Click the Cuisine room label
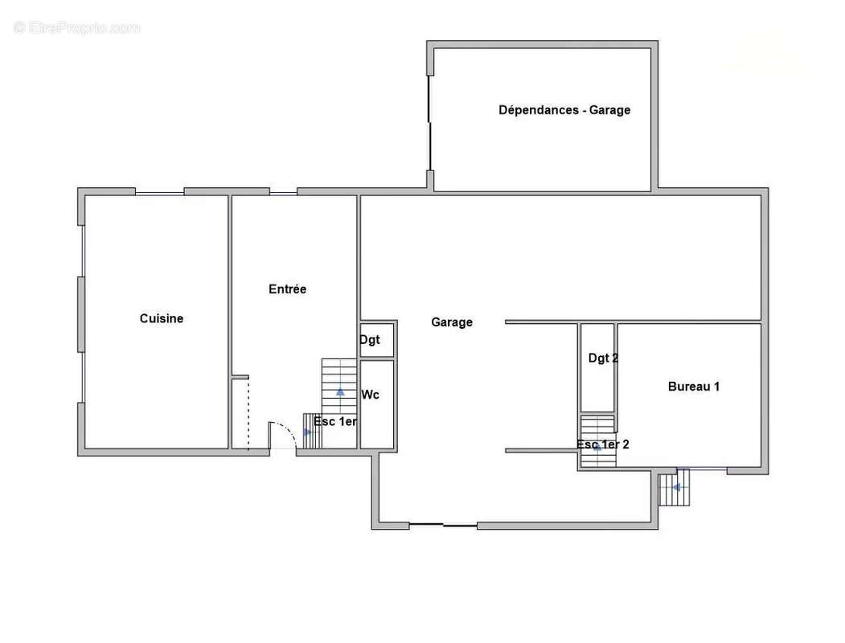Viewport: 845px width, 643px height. (x=161, y=318)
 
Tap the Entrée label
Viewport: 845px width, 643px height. (x=287, y=289)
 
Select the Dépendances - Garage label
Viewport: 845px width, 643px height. (x=564, y=110)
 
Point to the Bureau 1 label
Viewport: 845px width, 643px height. (x=694, y=386)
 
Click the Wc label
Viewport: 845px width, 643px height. (x=370, y=395)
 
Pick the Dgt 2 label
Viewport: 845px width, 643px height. (x=603, y=358)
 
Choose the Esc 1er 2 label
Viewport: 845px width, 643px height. (x=602, y=444)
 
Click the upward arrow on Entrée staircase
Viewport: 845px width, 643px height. (x=340, y=391)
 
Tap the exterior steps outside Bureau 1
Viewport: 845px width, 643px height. (x=675, y=487)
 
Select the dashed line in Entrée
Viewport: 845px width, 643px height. (x=248, y=414)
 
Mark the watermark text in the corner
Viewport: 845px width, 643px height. (x=76, y=27)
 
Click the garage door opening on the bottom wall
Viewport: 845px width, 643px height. (x=443, y=525)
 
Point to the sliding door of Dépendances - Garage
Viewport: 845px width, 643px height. (x=429, y=123)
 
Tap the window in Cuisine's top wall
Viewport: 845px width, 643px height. (x=159, y=193)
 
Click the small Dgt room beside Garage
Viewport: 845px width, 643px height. (x=377, y=340)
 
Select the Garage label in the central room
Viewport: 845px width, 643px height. (x=452, y=322)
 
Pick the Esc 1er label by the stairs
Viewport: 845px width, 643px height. (x=335, y=421)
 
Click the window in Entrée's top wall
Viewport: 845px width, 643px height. (x=283, y=193)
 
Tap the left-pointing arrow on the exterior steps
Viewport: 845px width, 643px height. (x=676, y=487)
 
